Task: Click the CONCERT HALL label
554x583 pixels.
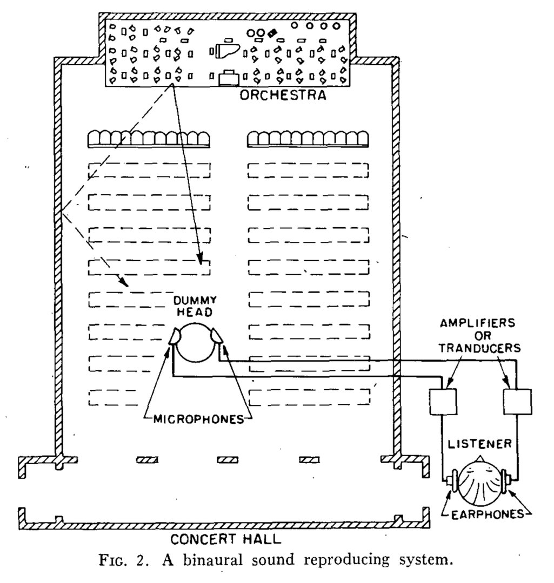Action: pyautogui.click(x=226, y=539)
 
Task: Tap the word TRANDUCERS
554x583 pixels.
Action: pyautogui.click(x=479, y=348)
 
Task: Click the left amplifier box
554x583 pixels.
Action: pyautogui.click(x=442, y=401)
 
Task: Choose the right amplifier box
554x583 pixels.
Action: pyautogui.click(x=517, y=401)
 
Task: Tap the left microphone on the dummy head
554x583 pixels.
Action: pyautogui.click(x=176, y=337)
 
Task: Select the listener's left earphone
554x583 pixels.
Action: pyautogui.click(x=452, y=479)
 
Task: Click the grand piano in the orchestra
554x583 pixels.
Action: pyautogui.click(x=223, y=51)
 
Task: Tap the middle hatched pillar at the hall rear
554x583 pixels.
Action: pyautogui.click(x=228, y=459)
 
